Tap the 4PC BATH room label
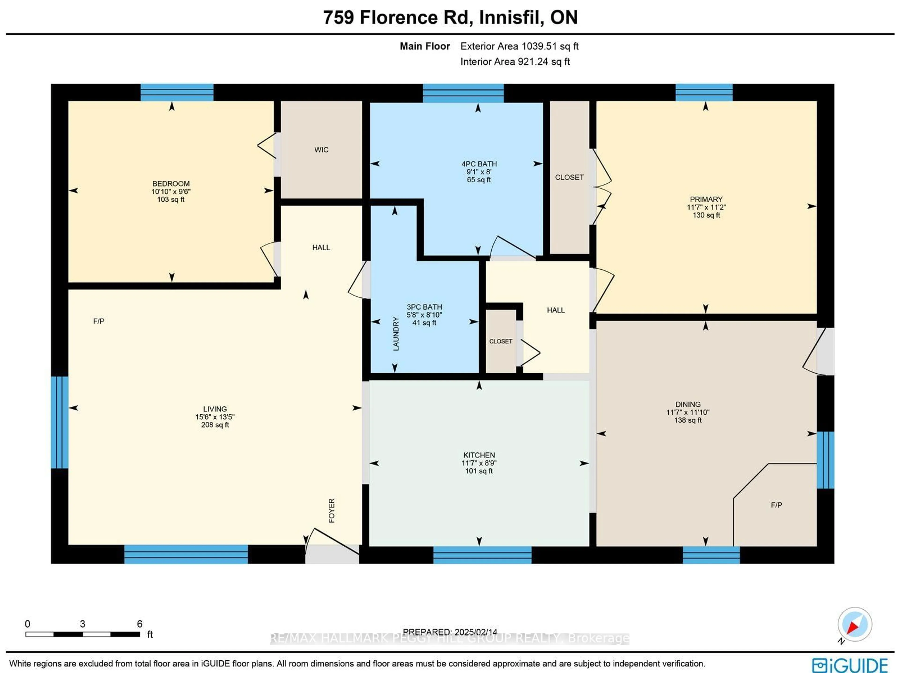tap(479, 164)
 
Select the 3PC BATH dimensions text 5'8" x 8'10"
tap(424, 315)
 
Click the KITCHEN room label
tap(479, 455)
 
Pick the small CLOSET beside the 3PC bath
tap(500, 341)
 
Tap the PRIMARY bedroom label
tap(706, 199)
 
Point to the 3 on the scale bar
tap(82, 624)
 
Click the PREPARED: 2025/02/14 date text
tap(450, 632)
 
